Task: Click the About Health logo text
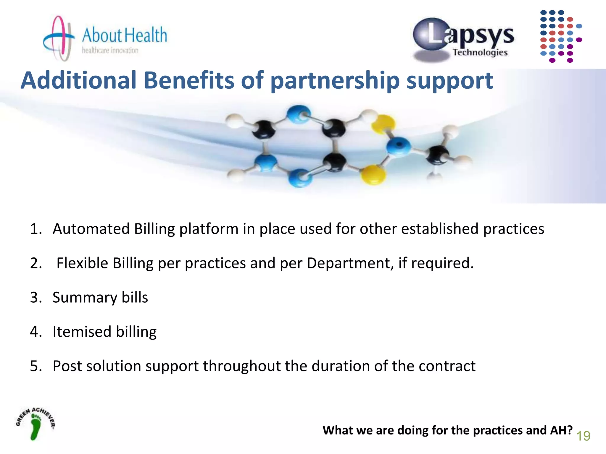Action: [x=124, y=35]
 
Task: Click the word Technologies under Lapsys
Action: [x=480, y=53]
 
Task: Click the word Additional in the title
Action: [x=79, y=80]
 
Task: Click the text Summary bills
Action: [x=100, y=297]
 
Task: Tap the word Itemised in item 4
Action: [x=82, y=332]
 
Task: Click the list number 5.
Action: [x=36, y=366]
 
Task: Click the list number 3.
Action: [x=36, y=297]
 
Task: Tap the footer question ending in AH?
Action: [x=447, y=430]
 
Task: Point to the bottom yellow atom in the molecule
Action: [x=373, y=174]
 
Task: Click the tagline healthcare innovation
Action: [x=110, y=51]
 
